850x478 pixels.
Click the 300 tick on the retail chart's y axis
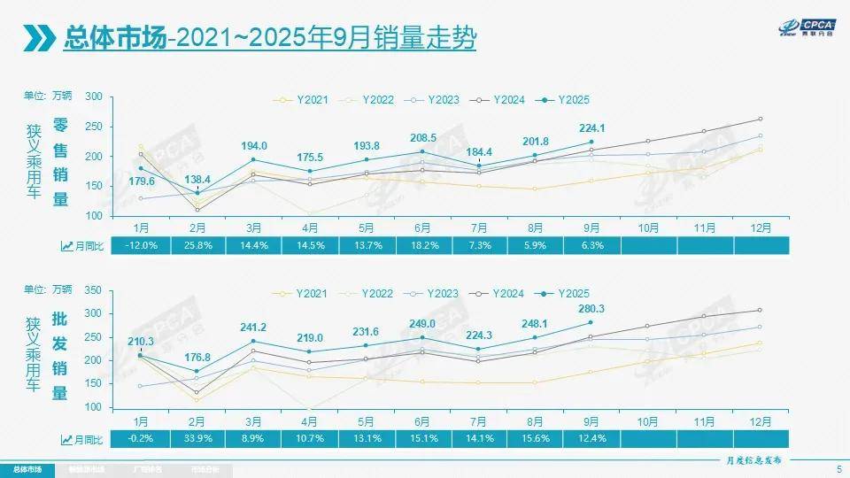coord(95,97)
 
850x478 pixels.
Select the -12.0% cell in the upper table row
coord(143,246)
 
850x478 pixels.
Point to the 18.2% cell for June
coord(423,246)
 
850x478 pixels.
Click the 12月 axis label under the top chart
coord(761,227)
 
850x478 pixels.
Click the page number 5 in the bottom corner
coord(838,468)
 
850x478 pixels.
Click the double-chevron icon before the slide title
coord(38,39)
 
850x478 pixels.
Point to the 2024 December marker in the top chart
coord(761,119)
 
